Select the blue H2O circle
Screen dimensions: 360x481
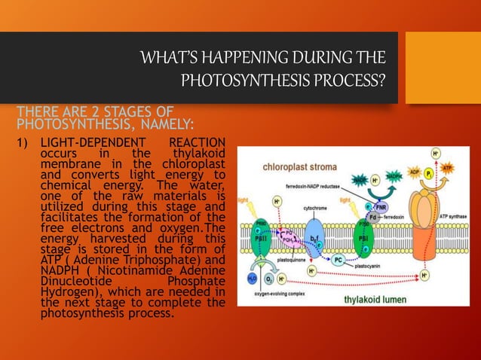253,277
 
